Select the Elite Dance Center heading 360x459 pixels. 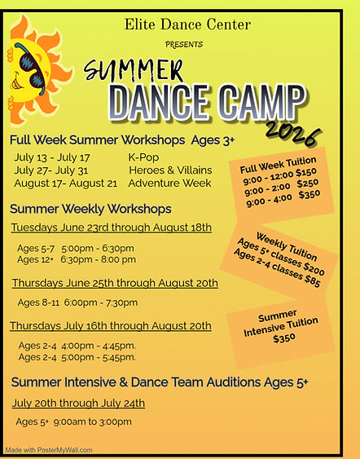click(x=187, y=25)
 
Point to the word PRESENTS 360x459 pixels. click(x=185, y=43)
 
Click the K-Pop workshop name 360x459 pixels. click(x=144, y=157)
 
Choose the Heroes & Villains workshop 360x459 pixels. click(x=169, y=170)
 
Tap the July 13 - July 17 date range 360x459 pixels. click(x=52, y=157)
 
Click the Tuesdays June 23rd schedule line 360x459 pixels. click(x=111, y=227)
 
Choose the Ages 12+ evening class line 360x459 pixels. click(x=77, y=259)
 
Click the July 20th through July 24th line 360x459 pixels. click(x=78, y=403)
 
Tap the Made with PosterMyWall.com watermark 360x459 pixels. click(x=49, y=449)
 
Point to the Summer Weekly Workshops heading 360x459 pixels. click(x=90, y=208)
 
